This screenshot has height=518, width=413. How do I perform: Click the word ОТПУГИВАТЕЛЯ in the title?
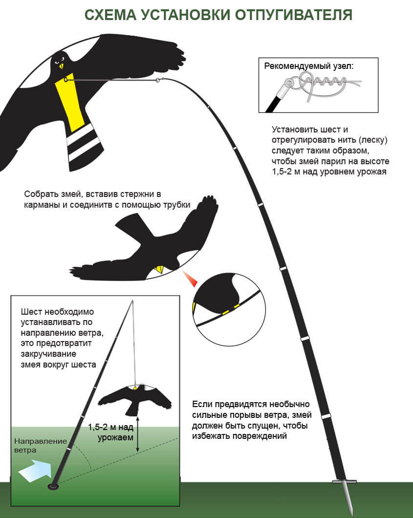coord(294,15)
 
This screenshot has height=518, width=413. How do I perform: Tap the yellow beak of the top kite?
coord(61,66)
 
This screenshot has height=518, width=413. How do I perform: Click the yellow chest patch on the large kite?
coord(70,104)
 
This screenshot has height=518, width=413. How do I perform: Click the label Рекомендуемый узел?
coord(308,66)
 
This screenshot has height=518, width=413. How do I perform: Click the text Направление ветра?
coord(40,446)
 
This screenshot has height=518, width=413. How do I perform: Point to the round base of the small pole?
coord(53,487)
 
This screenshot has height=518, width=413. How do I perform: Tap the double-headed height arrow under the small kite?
coord(138,434)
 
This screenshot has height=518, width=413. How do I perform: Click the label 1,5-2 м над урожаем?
coord(111,432)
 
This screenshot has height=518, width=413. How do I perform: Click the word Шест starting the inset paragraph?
coord(31,312)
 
